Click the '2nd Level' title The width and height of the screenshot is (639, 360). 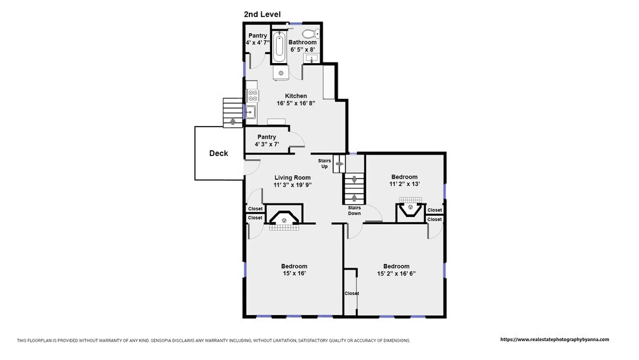point(262,14)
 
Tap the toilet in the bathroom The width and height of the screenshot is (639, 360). point(312,33)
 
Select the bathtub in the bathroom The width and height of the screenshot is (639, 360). point(279,47)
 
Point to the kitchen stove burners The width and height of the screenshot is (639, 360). point(253,96)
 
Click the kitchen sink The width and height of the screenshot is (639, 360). point(250,111)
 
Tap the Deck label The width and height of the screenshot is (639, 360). point(219,153)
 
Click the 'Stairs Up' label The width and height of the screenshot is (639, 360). point(325,164)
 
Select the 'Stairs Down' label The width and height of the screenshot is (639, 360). point(354,211)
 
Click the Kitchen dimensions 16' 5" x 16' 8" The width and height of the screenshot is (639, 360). point(296,103)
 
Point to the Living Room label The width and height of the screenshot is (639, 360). point(293,177)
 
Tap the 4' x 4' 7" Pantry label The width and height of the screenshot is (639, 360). point(258,39)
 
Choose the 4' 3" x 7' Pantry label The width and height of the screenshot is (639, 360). point(266,140)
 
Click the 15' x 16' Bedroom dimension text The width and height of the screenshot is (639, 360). point(294,274)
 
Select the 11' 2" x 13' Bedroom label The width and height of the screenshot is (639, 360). point(405,180)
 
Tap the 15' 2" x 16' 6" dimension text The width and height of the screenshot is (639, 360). point(396,274)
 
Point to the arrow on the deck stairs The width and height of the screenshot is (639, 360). point(232,121)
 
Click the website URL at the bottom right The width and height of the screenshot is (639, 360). point(555,339)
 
